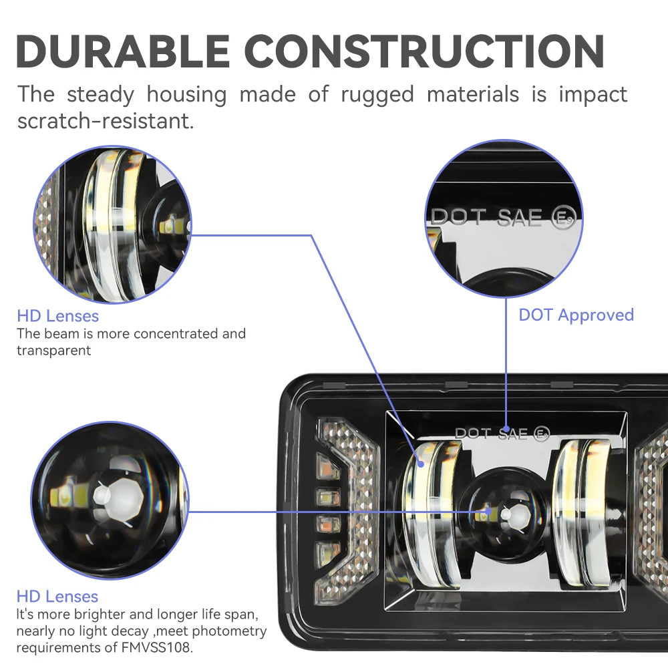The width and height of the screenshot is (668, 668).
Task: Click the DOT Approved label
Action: [576, 315]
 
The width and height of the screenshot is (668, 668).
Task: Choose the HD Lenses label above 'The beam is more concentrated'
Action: [57, 316]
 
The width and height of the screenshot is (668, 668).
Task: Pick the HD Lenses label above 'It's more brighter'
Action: [57, 597]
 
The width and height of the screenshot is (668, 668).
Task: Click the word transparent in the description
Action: [53, 350]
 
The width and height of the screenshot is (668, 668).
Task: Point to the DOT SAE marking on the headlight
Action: [492, 434]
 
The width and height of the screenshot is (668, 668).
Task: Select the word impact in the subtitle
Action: [593, 94]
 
